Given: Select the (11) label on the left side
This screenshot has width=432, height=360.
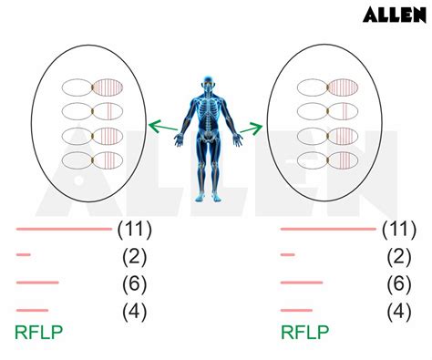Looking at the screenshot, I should [134, 229].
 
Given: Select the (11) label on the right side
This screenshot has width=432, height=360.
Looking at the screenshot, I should [398, 229].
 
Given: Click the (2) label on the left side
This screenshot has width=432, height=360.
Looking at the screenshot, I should [134, 256].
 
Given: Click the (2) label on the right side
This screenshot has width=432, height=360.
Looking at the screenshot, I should [398, 256].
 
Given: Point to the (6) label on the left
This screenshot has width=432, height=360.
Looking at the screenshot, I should [134, 283].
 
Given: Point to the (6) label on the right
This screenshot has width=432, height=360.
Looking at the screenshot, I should [398, 283].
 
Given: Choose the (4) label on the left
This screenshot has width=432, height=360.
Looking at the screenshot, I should [134, 311].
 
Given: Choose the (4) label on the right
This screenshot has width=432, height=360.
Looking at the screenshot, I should [398, 311].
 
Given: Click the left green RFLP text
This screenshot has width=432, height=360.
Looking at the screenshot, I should [38, 333].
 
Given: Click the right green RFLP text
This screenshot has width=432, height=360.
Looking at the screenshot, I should [303, 333].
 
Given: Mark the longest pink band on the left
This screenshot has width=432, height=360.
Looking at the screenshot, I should [62, 230].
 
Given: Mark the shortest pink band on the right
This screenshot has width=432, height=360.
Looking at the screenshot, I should [288, 255].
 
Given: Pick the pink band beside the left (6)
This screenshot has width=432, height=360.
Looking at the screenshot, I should [36, 283].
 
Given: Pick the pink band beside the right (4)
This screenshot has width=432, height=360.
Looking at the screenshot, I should [296, 310].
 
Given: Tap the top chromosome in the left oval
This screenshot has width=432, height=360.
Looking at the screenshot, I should [92, 88].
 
